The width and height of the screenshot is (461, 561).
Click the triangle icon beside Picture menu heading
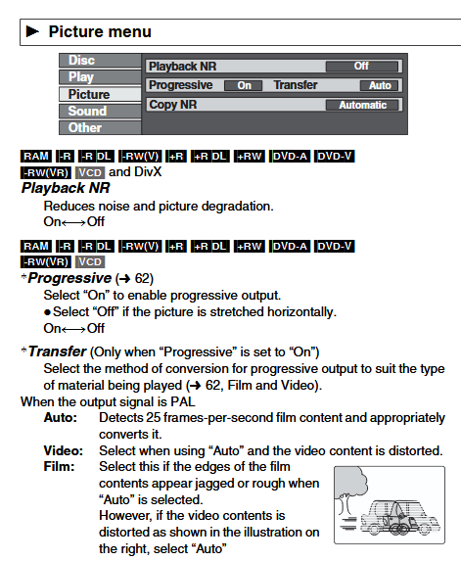click(32, 31)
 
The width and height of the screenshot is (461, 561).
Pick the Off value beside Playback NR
click(361, 67)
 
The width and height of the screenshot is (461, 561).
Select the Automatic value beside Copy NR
click(362, 105)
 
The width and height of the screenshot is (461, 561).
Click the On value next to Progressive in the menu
click(244, 85)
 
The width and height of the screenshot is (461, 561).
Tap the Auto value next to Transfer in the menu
click(380, 85)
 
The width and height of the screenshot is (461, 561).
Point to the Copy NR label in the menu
click(173, 105)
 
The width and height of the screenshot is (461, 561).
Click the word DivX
click(148, 172)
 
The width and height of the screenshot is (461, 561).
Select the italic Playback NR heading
click(66, 188)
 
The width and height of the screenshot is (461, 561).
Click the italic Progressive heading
click(69, 278)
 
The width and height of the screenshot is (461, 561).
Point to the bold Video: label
click(64, 450)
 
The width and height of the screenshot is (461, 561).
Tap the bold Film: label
click(59, 467)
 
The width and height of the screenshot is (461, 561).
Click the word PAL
click(183, 401)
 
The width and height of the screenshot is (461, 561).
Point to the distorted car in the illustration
click(400, 518)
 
